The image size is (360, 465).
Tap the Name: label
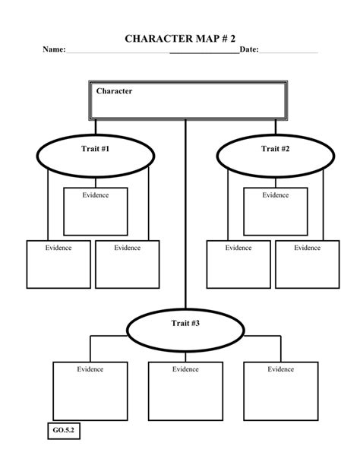(53, 50)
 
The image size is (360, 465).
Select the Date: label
(249, 50)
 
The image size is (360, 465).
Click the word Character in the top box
(114, 91)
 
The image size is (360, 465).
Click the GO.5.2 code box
(64, 432)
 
